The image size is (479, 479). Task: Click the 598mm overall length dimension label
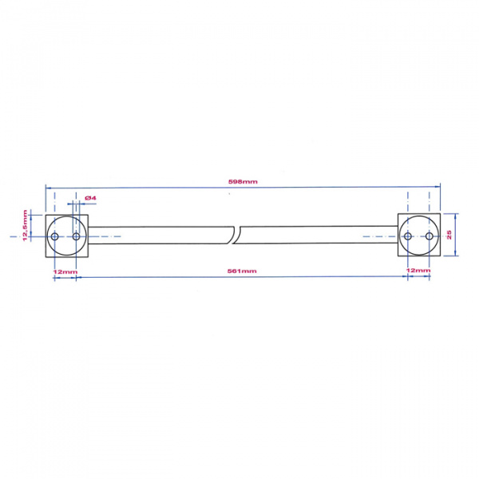242,182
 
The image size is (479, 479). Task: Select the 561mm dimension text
242,271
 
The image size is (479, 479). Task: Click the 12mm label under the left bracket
65,271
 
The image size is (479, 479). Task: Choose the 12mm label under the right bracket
418,271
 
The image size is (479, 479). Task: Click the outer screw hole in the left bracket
55,236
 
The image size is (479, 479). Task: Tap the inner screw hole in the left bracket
77,236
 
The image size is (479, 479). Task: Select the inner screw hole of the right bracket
408,236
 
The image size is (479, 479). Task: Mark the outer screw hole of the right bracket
430,236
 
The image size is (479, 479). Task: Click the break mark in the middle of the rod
237,236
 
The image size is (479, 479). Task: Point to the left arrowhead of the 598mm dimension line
49,188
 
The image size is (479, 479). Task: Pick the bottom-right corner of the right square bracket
440,257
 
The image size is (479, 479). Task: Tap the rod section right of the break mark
319,236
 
